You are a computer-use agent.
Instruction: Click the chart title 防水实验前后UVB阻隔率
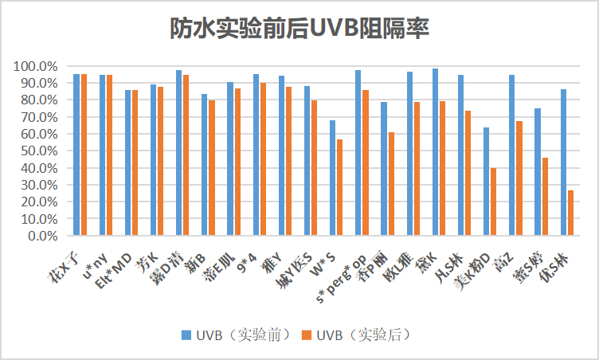click(x=299, y=29)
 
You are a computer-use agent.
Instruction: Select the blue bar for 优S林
click(x=564, y=162)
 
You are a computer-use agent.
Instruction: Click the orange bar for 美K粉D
click(x=493, y=202)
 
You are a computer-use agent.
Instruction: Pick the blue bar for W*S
click(x=333, y=178)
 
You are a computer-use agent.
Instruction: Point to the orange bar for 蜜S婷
click(x=545, y=197)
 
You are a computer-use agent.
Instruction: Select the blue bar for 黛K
click(x=435, y=152)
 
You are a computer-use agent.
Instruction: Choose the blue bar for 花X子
click(x=76, y=155)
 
